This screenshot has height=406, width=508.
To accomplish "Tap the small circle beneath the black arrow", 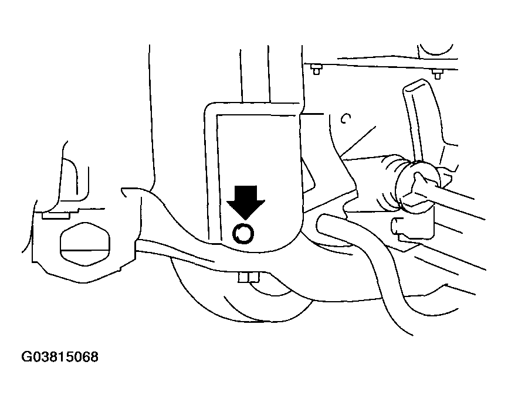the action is click(x=243, y=233).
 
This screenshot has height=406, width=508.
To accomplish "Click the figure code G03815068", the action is click(x=60, y=357).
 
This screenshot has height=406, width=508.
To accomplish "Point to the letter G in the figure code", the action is click(x=26, y=357).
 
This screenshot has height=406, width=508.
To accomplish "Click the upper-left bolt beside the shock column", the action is click(x=316, y=69).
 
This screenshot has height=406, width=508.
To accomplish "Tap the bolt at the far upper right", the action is click(x=438, y=74).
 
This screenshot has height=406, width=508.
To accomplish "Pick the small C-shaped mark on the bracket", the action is click(x=346, y=119).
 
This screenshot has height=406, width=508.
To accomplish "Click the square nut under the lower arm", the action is click(x=249, y=278).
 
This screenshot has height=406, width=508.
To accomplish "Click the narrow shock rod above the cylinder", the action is click(x=255, y=74).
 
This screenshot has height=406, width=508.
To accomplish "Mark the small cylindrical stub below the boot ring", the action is click(x=397, y=226).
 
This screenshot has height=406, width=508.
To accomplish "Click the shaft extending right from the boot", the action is click(x=453, y=199).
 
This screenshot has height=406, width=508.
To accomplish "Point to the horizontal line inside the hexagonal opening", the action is click(x=85, y=250).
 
